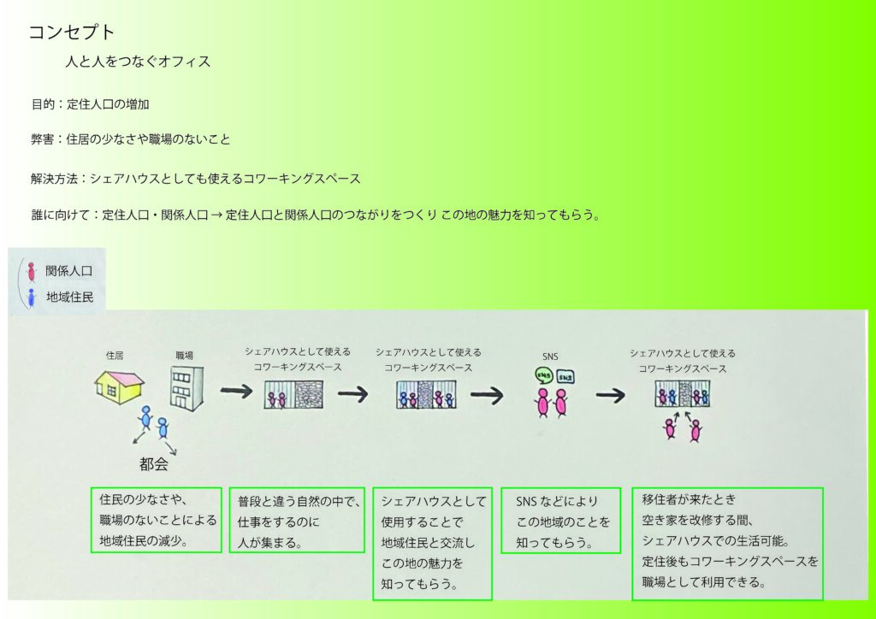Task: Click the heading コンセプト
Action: pos(72,32)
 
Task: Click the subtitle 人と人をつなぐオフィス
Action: pos(138,62)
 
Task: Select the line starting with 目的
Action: pos(92,104)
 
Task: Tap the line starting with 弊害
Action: pos(130,139)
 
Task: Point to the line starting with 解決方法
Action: pos(195,179)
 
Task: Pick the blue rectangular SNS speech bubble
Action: pos(565,377)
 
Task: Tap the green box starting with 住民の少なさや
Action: pos(156,519)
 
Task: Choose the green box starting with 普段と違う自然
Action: pos(297,520)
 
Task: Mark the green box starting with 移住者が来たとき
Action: pos(727,543)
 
